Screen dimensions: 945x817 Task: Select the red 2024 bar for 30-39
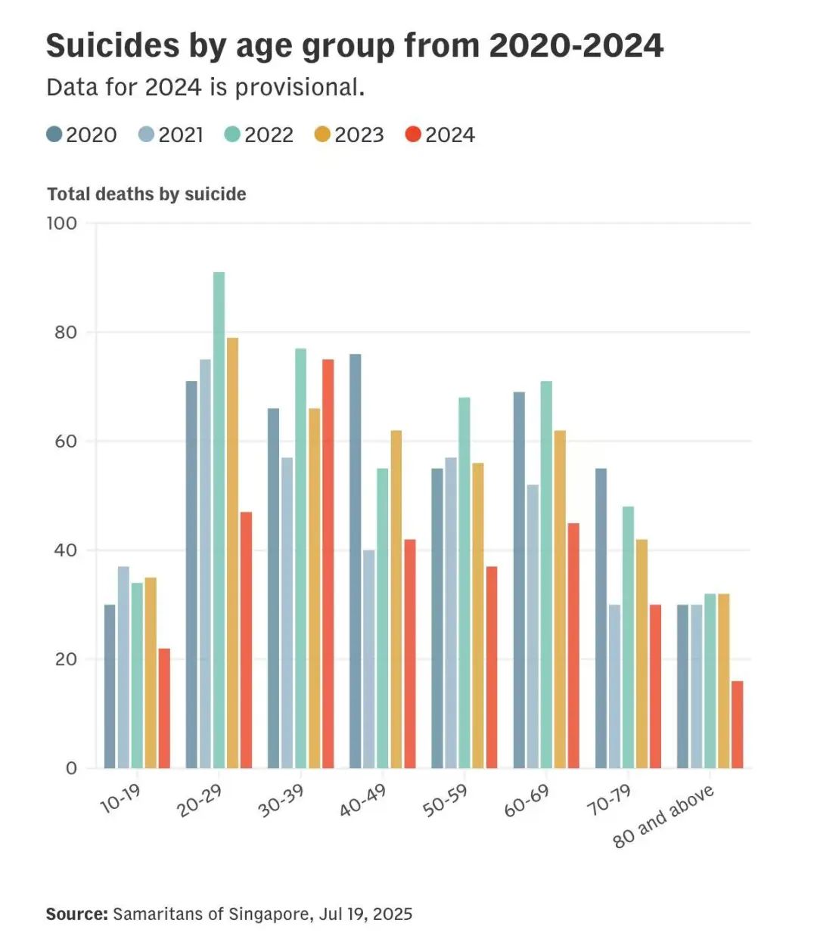point(328,563)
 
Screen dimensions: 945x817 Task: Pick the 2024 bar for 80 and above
point(738,724)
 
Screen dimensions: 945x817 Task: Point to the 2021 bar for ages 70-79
point(614,686)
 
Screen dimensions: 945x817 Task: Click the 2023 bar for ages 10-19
point(151,673)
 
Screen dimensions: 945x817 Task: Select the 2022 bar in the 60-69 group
point(546,575)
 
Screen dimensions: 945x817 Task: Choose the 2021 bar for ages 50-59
point(451,612)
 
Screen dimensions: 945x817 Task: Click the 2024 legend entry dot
point(413,135)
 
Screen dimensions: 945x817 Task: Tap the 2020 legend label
point(92,135)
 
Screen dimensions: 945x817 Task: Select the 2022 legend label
point(269,135)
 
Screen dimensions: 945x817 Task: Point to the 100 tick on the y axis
point(62,223)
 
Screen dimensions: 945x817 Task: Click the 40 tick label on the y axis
point(66,550)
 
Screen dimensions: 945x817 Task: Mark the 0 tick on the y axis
point(72,768)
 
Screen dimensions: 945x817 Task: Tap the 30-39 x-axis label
point(281,800)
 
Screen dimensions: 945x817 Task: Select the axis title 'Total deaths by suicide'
point(147,194)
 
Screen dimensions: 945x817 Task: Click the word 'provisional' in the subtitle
point(300,88)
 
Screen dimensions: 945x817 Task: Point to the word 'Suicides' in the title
point(110,45)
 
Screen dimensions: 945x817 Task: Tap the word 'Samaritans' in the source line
point(157,914)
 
